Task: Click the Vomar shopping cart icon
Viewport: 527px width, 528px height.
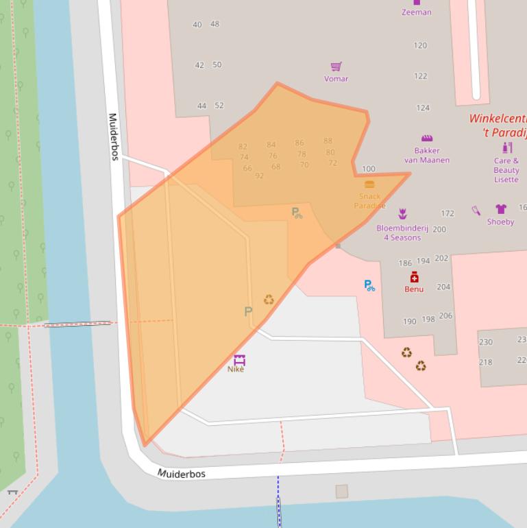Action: (336, 67)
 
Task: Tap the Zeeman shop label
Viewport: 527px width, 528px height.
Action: (416, 12)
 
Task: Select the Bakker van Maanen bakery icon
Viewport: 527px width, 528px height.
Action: (427, 138)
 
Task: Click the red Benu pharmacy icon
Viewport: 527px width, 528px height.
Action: (414, 277)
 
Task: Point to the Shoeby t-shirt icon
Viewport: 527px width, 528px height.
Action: (500, 209)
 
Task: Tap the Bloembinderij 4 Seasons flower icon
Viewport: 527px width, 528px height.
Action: (402, 215)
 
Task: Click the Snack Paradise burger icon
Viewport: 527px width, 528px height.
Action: (369, 184)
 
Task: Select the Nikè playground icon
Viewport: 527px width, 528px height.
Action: (238, 359)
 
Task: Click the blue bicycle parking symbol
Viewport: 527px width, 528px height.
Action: (369, 285)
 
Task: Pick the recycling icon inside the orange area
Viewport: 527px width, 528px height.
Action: (269, 300)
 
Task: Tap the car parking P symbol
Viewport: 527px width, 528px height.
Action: (248, 311)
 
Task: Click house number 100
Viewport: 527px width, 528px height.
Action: (369, 169)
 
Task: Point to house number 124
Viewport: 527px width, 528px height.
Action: (423, 108)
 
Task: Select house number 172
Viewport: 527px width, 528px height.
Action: (448, 214)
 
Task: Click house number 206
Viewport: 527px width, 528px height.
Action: (445, 316)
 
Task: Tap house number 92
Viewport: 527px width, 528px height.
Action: (259, 176)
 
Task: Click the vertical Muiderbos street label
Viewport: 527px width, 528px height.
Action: (114, 136)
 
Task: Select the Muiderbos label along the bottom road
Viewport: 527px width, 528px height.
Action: (182, 474)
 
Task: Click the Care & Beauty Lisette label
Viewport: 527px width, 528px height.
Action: (506, 170)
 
